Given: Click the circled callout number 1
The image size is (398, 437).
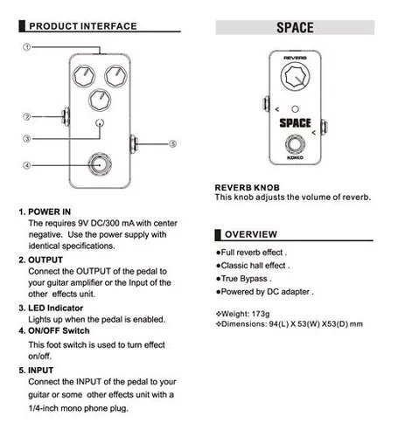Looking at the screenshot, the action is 27,46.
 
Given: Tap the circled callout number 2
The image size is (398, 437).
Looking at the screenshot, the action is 27,116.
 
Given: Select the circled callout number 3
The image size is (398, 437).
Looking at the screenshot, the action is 27,139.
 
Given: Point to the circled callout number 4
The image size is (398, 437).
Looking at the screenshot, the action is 27,165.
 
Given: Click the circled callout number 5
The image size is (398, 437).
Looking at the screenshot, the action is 173,144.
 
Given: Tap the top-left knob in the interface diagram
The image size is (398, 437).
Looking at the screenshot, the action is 84,76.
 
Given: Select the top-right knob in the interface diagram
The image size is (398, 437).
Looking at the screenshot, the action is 115,76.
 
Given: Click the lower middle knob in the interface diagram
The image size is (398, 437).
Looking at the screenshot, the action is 100,101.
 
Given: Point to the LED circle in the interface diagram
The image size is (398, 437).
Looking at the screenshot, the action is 100,123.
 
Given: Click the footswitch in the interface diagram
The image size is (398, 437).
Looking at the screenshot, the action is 100,164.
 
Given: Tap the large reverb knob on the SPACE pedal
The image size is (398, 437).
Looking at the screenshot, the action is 295,76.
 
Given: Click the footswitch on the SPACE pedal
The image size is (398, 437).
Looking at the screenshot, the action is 295,144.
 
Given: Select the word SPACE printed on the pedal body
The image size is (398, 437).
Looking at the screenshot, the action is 295,123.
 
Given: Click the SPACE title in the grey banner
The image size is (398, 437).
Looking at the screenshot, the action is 295,28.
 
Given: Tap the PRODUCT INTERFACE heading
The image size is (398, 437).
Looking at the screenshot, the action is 83,26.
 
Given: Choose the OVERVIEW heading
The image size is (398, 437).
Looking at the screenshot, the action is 251,234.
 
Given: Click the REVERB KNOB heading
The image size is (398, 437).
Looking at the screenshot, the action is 248,188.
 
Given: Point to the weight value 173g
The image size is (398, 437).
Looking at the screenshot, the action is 261,314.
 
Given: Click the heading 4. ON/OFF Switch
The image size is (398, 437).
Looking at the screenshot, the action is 54,331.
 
